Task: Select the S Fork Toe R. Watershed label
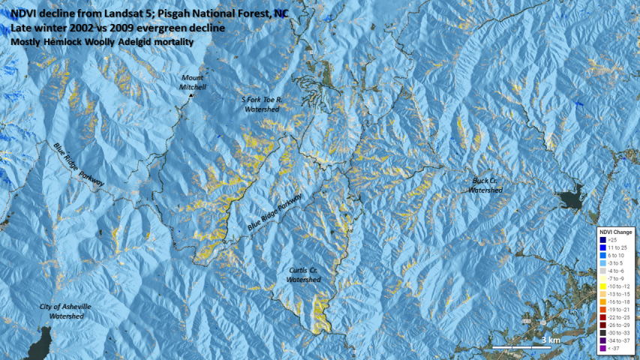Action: click(261, 104)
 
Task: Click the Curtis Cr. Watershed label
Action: click(303, 274)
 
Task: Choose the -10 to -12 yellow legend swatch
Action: click(602, 286)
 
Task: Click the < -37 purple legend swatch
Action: click(602, 348)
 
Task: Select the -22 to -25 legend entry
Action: click(616, 317)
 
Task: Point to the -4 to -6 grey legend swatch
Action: click(602, 271)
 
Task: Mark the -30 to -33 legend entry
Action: click(616, 333)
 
